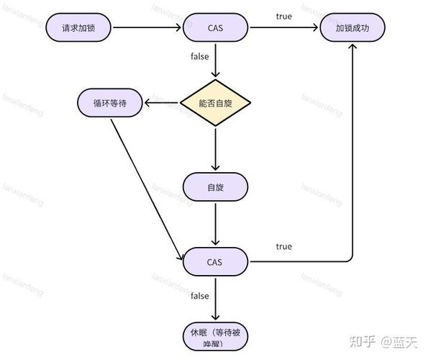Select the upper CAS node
pyautogui.click(x=216, y=28)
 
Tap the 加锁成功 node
pyautogui.click(x=352, y=28)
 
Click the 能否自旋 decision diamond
pyautogui.click(x=216, y=103)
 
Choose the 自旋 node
pyautogui.click(x=216, y=187)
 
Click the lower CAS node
pyautogui.click(x=216, y=261)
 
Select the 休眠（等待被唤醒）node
pyautogui.click(x=216, y=337)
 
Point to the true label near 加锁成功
pyautogui.click(x=284, y=16)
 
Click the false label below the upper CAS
pyautogui.click(x=200, y=55)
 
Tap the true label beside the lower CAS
pyautogui.click(x=284, y=246)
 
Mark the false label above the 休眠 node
pyautogui.click(x=200, y=296)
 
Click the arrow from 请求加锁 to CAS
pyautogui.click(x=147, y=28)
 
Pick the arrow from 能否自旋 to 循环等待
pyautogui.click(x=162, y=103)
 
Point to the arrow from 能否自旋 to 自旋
pyautogui.click(x=216, y=148)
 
